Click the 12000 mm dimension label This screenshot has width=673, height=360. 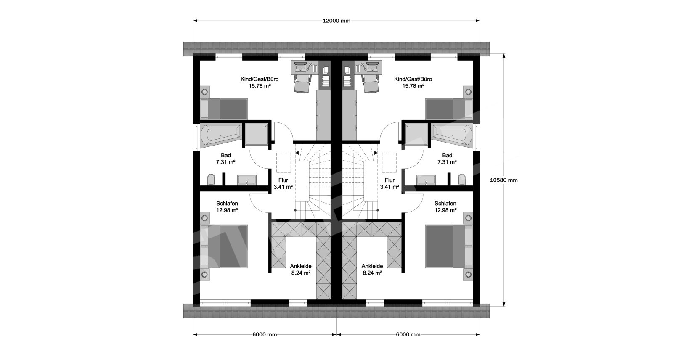coord(336,21)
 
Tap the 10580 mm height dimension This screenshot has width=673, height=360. coord(504,180)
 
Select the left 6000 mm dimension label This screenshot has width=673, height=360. coord(265,334)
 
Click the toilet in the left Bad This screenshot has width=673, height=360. coord(211,180)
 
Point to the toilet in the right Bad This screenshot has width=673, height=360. coord(462,180)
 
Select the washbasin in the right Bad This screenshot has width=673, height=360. coord(426,180)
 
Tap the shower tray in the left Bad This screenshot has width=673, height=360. coord(257,134)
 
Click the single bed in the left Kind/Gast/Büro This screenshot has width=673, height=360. coord(224,109)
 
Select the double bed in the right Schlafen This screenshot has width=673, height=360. coord(449,246)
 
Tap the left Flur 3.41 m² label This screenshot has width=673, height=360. coord(283,184)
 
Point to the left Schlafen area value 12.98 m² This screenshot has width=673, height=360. coord(227,210)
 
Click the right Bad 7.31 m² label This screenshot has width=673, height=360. coord(447,159)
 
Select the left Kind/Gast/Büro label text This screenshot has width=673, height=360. coord(259,79)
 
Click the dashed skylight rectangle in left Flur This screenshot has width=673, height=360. coord(284,163)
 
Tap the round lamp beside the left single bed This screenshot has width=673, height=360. coord(205,91)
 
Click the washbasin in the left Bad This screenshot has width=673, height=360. coord(247,180)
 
